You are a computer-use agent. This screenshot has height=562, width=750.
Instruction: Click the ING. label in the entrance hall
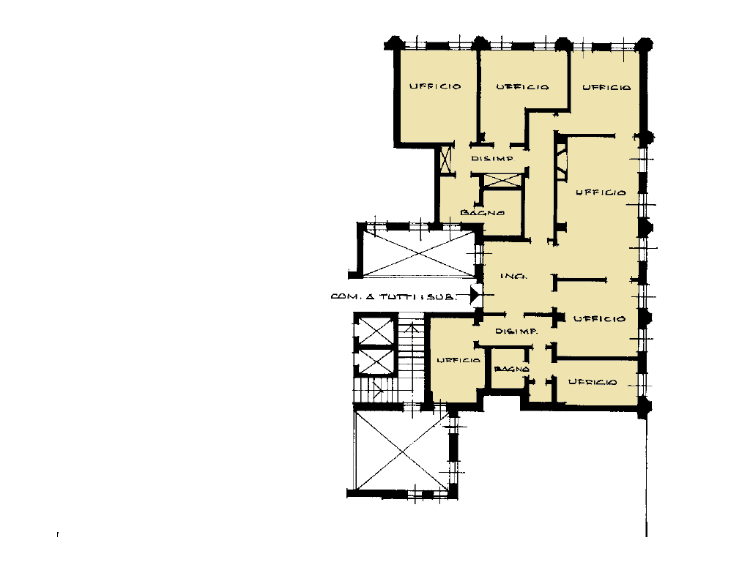513,276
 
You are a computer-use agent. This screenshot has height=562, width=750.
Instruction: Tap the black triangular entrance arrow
475,294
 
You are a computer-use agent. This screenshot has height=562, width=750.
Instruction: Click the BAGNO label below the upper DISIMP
482,213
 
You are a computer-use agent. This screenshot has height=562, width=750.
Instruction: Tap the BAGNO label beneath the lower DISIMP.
512,369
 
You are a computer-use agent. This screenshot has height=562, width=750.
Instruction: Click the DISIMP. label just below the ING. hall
516,331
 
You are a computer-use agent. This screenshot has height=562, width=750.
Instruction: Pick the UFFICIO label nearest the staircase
458,360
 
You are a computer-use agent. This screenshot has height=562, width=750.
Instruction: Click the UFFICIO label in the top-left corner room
435,86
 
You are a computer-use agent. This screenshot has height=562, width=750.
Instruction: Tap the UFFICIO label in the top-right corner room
606,88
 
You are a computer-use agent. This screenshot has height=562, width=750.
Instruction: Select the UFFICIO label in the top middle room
522,87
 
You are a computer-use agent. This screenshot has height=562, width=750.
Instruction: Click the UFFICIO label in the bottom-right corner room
593,382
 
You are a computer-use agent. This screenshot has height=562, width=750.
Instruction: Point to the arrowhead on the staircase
412,327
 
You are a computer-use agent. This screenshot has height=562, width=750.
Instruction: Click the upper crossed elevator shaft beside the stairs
376,330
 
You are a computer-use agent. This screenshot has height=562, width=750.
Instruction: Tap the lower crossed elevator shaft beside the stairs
376,361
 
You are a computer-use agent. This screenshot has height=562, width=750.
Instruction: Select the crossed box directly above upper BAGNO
502,181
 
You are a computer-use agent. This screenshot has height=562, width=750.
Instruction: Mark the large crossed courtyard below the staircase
403,451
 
